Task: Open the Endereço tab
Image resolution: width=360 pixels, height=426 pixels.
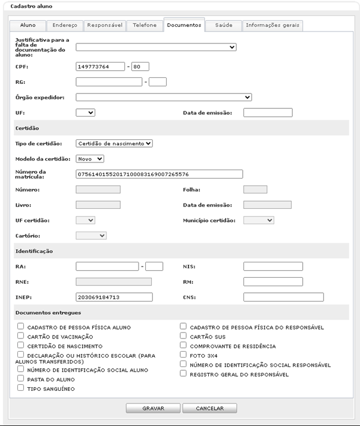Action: click(64, 26)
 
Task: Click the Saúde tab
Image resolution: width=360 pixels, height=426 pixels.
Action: click(224, 26)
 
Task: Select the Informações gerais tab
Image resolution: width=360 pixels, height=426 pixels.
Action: click(274, 26)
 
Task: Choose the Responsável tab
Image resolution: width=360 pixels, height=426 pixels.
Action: click(104, 26)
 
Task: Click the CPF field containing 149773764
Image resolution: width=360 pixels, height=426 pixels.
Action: click(101, 67)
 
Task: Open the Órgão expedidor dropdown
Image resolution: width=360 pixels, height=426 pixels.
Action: click(164, 97)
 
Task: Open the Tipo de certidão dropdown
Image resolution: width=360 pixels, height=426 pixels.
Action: click(115, 143)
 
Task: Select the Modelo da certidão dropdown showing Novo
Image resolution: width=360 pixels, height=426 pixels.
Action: click(90, 158)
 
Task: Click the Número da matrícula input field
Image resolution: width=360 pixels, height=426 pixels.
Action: click(159, 174)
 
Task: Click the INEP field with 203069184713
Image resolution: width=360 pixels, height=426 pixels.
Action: click(114, 297)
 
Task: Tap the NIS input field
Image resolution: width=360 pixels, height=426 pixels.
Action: click(273, 267)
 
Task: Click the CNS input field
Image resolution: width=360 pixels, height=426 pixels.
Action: click(283, 297)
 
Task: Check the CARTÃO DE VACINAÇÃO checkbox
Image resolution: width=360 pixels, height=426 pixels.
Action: click(21, 336)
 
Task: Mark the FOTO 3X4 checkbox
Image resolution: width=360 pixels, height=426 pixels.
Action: click(184, 355)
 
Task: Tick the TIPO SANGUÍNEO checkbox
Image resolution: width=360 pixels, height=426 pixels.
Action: click(21, 388)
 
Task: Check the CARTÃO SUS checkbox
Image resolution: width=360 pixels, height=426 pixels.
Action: click(184, 336)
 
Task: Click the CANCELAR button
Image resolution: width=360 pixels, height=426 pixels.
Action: click(209, 409)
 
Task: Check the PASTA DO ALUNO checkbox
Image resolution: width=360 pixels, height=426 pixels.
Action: click(21, 378)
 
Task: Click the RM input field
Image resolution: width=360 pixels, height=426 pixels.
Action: click(273, 282)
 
